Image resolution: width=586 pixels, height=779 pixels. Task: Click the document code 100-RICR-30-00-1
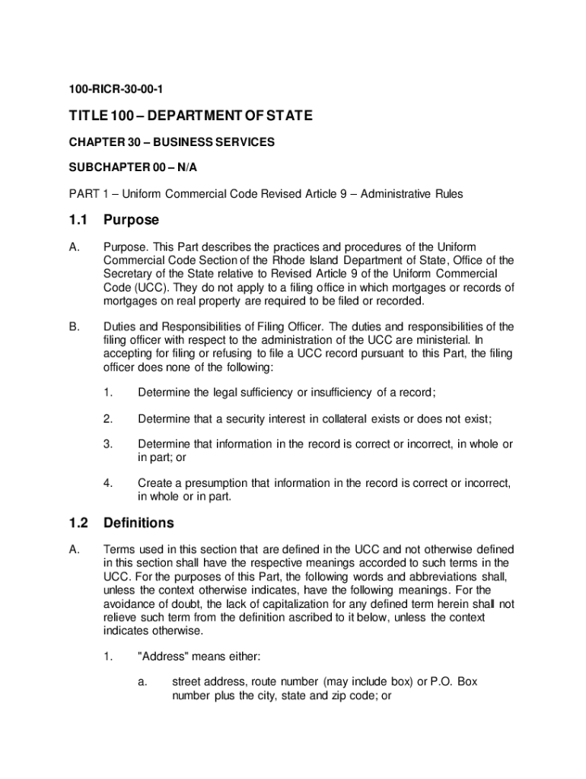pyautogui.click(x=115, y=89)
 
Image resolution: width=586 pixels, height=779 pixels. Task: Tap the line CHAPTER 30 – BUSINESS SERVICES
pyautogui.click(x=173, y=142)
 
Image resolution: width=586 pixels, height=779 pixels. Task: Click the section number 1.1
pyautogui.click(x=78, y=220)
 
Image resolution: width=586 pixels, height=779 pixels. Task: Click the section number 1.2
pyautogui.click(x=78, y=523)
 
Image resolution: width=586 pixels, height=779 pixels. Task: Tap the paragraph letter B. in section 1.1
pyautogui.click(x=75, y=326)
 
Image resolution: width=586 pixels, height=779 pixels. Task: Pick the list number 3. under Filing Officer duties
pyautogui.click(x=108, y=444)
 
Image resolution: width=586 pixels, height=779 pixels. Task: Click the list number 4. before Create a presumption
pyautogui.click(x=108, y=483)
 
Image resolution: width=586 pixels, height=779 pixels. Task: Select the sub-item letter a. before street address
pyautogui.click(x=142, y=682)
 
